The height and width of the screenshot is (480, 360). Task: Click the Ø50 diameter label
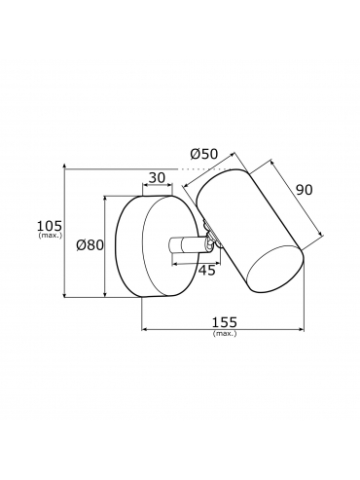click(204, 154)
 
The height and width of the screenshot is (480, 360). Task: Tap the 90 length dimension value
click(305, 190)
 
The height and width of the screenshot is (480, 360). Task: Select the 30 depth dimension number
click(157, 177)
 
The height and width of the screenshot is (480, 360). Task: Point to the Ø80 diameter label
click(90, 245)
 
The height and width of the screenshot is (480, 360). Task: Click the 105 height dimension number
click(50, 225)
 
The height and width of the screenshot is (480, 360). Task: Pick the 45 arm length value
click(206, 270)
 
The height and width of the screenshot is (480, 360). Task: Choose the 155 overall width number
click(225, 322)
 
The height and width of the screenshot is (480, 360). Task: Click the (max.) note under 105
click(50, 235)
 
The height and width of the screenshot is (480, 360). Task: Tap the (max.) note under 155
click(225, 333)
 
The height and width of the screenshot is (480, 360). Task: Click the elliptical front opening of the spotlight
click(275, 269)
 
